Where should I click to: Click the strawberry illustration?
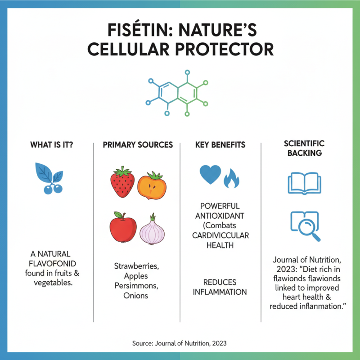coord(122,182)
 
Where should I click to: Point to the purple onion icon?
coord(152,229)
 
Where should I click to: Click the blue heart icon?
coord(210,175)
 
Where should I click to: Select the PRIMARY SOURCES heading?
coord(138,145)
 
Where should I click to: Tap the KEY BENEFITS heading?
coord(220,145)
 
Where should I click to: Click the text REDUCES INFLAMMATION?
coord(220,287)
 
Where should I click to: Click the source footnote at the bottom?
coord(179,343)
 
